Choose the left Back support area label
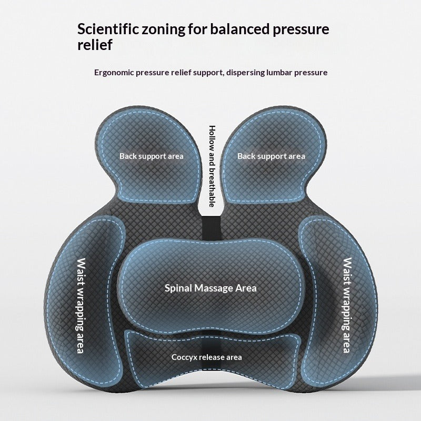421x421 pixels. pos(151,156)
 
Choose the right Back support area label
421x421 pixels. pos(271,156)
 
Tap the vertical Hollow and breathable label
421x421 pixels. pos(212,166)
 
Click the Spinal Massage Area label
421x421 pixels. pos(210,288)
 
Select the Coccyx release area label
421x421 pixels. pos(207,357)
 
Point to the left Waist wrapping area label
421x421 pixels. pos(82,305)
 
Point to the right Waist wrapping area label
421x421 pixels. pos(346,305)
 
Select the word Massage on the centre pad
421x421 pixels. pos(213,288)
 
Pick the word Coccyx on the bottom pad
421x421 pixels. pos(182,357)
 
